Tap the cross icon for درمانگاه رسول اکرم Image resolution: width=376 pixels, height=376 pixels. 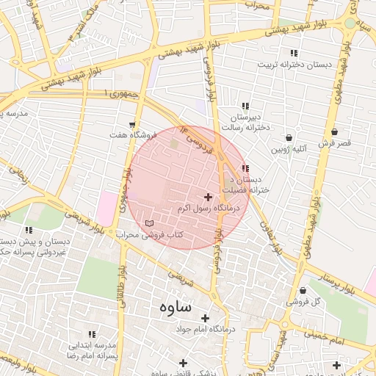coord(209,197)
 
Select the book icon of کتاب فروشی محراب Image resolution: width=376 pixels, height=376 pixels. coord(150,223)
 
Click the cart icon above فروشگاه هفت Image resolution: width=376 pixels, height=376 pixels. coord(132,125)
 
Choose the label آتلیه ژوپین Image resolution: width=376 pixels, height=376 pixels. coord(289,149)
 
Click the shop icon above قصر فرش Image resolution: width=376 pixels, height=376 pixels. coord(335,132)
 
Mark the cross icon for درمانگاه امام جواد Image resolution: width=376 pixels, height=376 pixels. coord(205,318)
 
